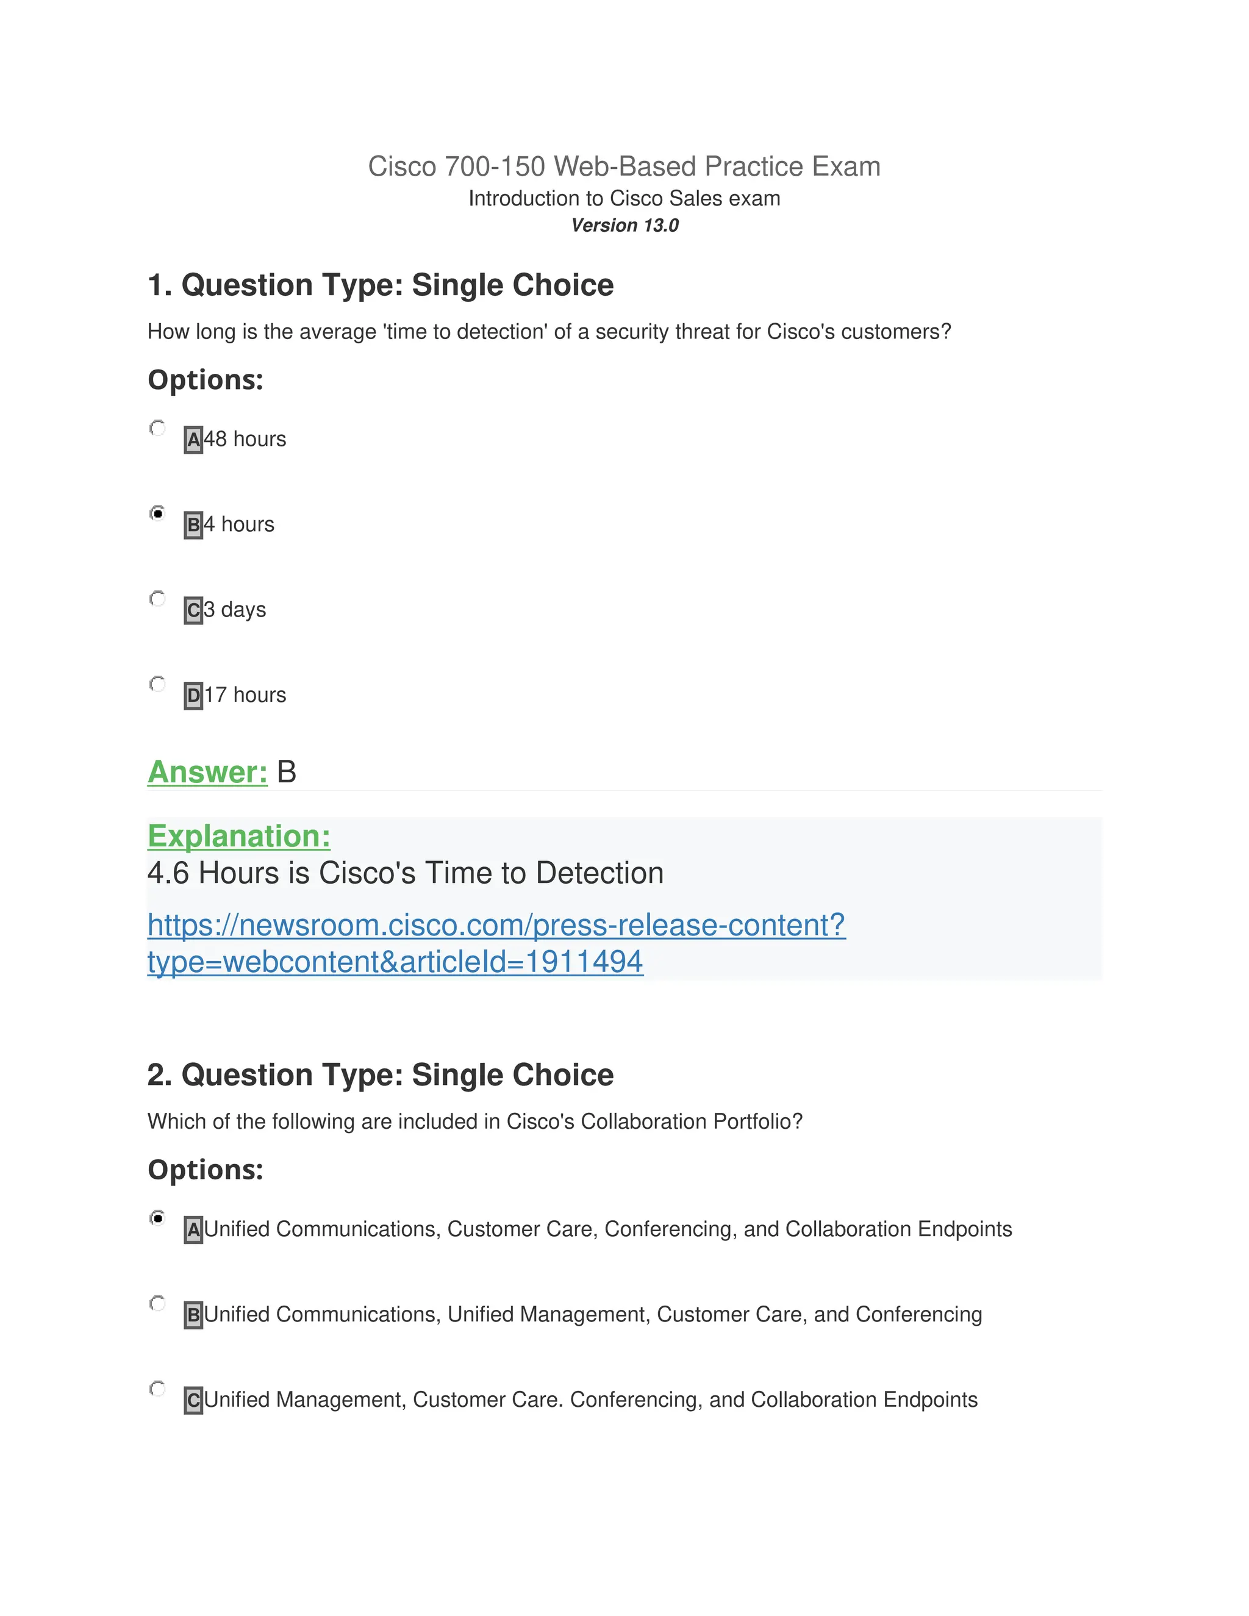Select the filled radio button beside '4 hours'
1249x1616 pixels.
tap(157, 513)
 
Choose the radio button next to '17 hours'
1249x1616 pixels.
tap(157, 684)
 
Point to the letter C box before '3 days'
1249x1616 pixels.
tap(193, 610)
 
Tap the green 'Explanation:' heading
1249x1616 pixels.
tap(238, 836)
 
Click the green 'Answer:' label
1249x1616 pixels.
tap(207, 772)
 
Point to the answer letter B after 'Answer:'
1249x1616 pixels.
tap(287, 772)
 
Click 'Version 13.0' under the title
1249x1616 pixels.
tap(624, 226)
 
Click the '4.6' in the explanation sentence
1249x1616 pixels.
tap(169, 873)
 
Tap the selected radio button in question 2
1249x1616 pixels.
tap(157, 1218)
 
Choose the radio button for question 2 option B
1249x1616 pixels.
tap(157, 1303)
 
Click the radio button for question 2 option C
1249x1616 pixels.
tap(157, 1388)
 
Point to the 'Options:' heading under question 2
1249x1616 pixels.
tap(206, 1170)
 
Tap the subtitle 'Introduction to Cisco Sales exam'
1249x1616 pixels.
tap(624, 198)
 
